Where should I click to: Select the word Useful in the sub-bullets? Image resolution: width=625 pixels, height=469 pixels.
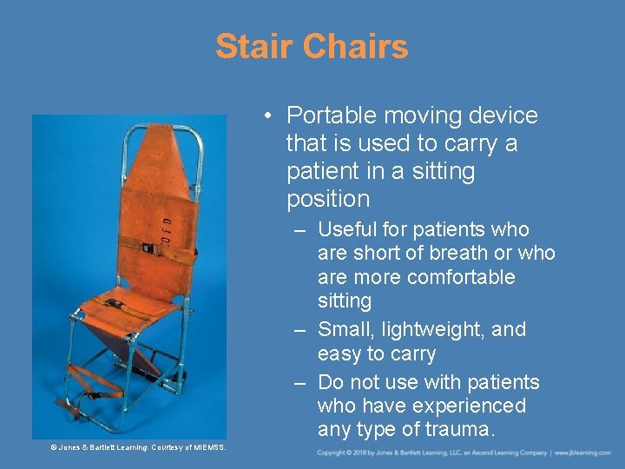click(348, 230)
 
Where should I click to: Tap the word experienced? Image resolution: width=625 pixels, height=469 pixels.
click(469, 406)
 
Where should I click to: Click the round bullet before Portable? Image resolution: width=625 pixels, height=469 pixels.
click(272, 116)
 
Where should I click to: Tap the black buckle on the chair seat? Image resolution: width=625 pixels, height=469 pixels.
click(113, 303)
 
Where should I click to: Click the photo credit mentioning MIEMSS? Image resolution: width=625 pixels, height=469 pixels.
click(138, 447)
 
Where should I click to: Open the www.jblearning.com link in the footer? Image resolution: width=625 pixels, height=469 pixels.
click(584, 453)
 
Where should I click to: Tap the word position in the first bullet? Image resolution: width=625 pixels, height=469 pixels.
click(328, 199)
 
